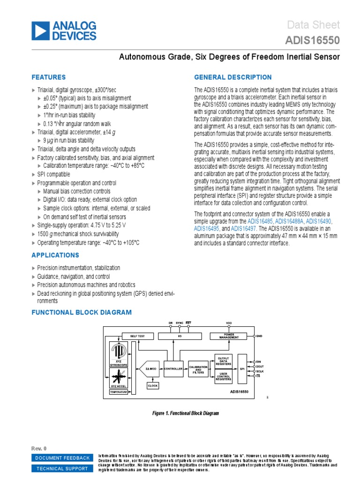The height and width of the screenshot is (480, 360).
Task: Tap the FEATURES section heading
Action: (x=48, y=77)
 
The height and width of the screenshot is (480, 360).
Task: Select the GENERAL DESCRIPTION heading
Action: (x=232, y=77)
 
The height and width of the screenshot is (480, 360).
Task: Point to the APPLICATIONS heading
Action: (x=55, y=255)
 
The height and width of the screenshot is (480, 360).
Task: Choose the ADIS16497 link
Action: (x=243, y=229)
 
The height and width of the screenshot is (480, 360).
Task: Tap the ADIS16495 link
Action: (x=207, y=229)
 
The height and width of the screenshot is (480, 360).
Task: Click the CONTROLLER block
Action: (x=173, y=369)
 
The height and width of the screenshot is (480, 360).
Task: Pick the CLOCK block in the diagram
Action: (x=153, y=385)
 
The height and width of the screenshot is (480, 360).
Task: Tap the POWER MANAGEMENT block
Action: (x=229, y=336)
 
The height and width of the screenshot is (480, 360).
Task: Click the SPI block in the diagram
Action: (x=242, y=369)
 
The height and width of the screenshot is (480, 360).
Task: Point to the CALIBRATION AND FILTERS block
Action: (x=198, y=369)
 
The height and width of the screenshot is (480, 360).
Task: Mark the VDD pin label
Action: (x=229, y=323)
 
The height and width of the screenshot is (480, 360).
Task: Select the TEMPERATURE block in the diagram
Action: (x=119, y=392)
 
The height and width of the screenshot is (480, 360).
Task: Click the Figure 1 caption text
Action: (x=185, y=413)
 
